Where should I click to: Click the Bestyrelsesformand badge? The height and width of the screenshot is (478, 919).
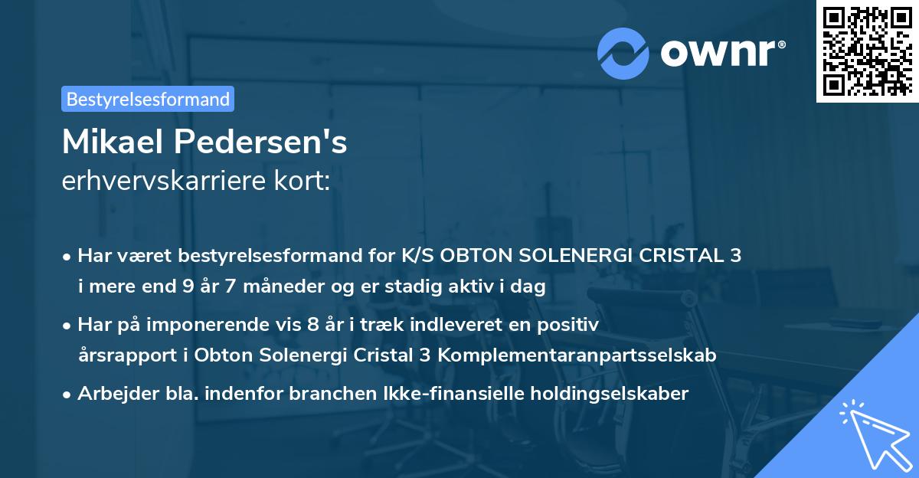pos(148,99)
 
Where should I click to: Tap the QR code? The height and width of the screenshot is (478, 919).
pos(866,51)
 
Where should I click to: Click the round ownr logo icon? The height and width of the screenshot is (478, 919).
pos(623,53)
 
